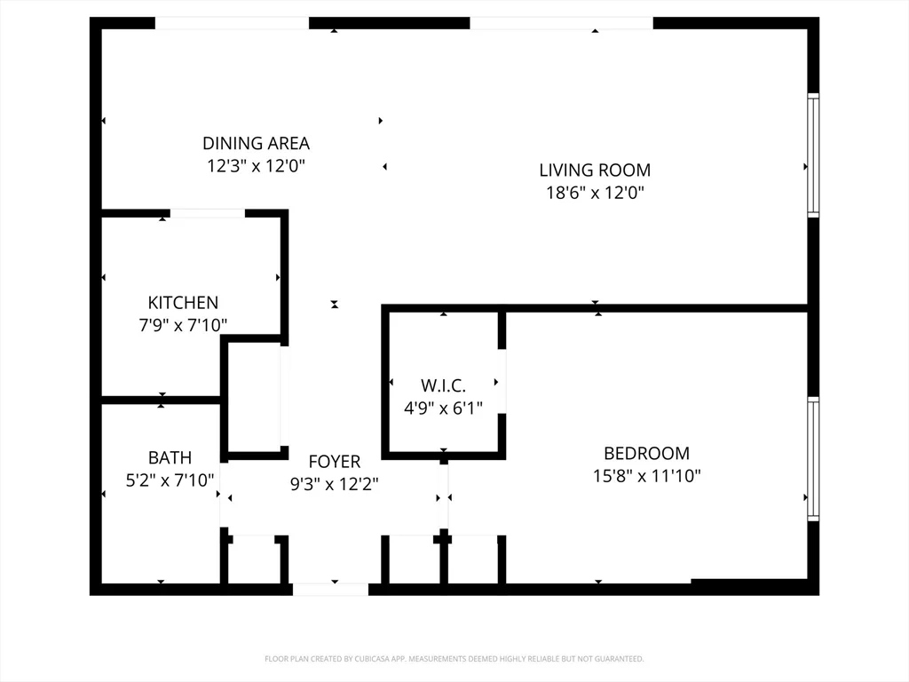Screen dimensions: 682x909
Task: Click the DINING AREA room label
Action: point(256,143)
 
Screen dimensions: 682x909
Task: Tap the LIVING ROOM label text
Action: point(595,170)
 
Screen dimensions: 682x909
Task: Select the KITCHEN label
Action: point(183,303)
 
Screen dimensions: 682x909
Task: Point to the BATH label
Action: point(170,458)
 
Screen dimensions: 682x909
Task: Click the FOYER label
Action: point(334,462)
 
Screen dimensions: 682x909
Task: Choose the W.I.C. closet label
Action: point(443,385)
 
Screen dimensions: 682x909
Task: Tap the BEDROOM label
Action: point(646,453)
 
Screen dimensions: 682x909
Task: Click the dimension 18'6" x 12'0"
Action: point(595,193)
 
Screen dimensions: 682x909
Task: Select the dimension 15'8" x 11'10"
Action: point(646,476)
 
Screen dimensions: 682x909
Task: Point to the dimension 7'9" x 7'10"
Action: point(183,326)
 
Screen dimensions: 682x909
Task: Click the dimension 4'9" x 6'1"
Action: point(443,408)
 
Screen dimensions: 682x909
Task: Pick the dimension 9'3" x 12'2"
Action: point(334,485)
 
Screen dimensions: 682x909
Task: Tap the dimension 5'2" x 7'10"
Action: point(170,481)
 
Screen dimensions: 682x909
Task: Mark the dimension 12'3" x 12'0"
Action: point(256,166)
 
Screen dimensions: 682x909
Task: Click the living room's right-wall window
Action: point(812,155)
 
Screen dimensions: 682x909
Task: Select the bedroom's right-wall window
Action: point(812,458)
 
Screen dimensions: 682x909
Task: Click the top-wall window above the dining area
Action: point(233,23)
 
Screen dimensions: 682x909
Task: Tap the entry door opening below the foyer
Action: point(330,589)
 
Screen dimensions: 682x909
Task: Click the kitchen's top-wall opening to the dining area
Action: point(208,213)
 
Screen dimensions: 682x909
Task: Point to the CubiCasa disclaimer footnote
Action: point(454,659)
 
